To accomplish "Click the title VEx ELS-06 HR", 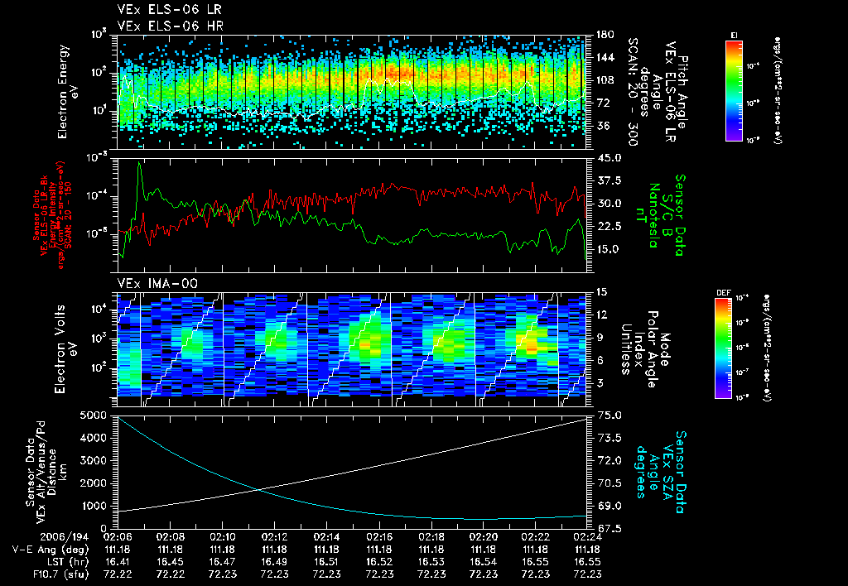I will pyautogui.click(x=162, y=26).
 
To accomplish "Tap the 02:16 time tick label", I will pyautogui.click(x=378, y=536).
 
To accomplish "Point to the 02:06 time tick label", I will pyautogui.click(x=117, y=536).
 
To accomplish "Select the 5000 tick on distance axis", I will pyautogui.click(x=98, y=414).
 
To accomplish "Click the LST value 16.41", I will pyautogui.click(x=117, y=560).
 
